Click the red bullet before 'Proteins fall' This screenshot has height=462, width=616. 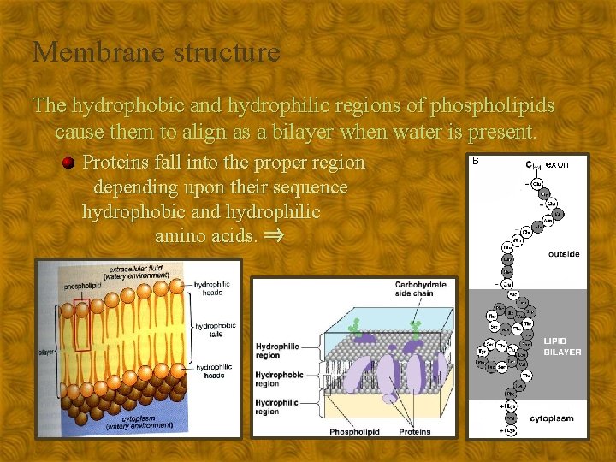tap(69, 163)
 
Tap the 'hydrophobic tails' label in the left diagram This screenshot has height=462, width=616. tap(215, 329)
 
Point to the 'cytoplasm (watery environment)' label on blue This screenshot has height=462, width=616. tap(137, 421)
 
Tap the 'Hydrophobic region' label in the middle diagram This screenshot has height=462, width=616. tap(279, 379)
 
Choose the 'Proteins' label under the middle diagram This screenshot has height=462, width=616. tap(415, 432)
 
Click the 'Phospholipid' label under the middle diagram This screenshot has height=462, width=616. tap(354, 432)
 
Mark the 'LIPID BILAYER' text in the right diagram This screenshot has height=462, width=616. tap(562, 346)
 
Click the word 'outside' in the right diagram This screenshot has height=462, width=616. tap(564, 254)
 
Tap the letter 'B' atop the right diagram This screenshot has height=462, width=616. tap(476, 160)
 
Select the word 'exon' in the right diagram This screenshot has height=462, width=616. tap(557, 164)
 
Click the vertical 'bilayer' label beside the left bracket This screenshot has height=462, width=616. tap(49, 351)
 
